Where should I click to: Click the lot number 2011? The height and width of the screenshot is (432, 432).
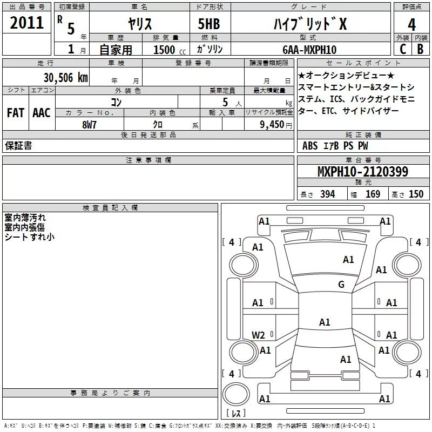(27, 23)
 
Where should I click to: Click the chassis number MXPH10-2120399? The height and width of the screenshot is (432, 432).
(363, 172)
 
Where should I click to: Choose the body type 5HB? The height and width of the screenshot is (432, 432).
(209, 24)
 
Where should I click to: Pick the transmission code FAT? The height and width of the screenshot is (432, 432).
(15, 113)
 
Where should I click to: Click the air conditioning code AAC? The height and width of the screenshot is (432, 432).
(41, 113)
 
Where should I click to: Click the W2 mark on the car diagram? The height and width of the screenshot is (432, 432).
(258, 335)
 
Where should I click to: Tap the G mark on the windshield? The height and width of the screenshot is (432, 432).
(341, 284)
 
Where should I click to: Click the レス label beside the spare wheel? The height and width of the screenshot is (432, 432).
(235, 414)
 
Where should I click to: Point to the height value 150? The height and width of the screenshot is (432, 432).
(416, 194)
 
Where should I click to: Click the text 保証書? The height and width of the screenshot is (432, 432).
(18, 146)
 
